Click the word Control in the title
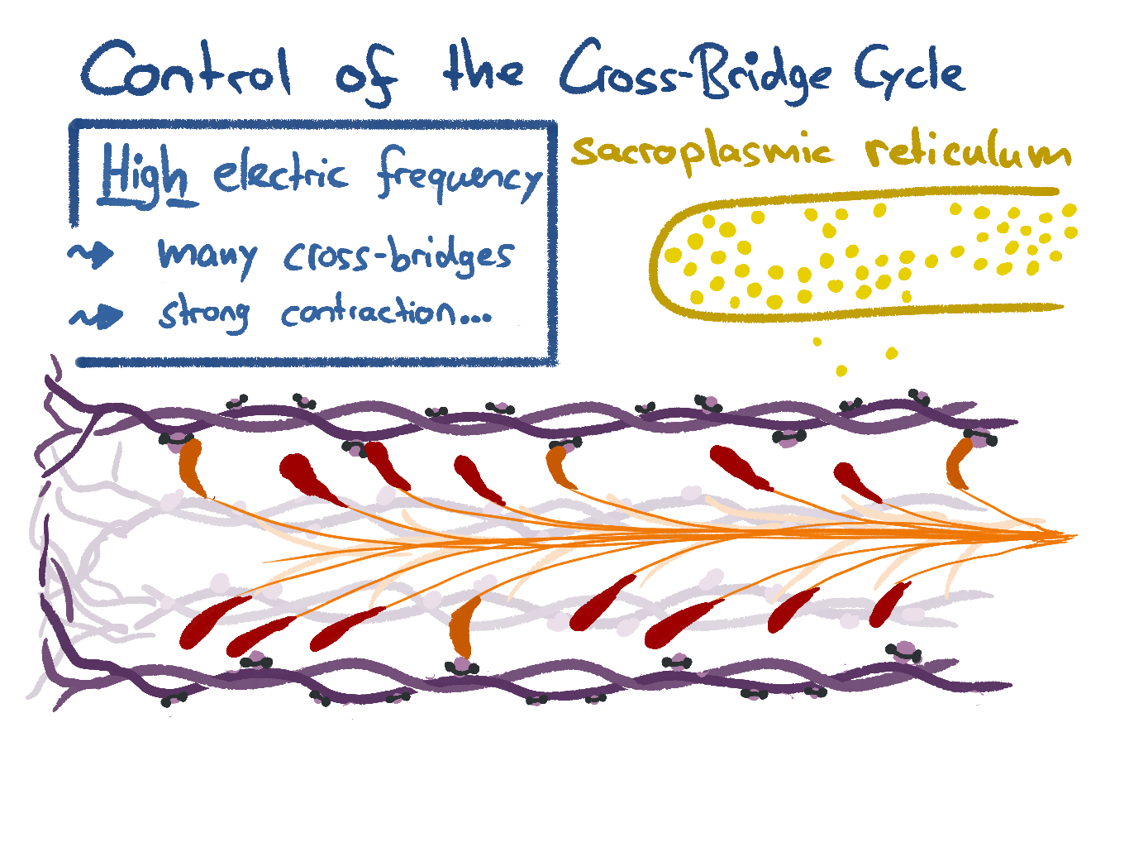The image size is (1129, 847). point(186,70)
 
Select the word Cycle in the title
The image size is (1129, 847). point(909,73)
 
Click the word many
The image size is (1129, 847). point(207,255)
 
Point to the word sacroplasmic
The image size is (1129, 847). point(703,152)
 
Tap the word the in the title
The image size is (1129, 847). point(483,70)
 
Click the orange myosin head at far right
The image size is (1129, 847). point(960,463)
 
